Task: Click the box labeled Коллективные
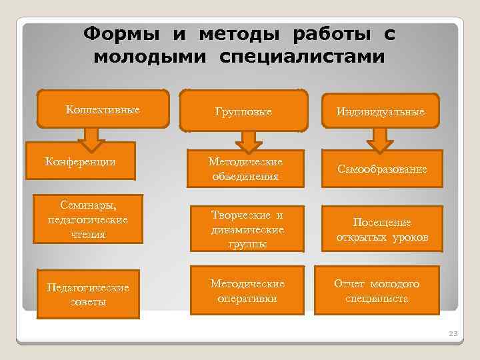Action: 103,109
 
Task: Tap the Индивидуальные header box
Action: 381,110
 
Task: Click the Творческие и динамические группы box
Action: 246,229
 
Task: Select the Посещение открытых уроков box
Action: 382,229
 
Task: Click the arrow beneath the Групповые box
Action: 247,141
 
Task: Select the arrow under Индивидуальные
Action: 380,140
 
